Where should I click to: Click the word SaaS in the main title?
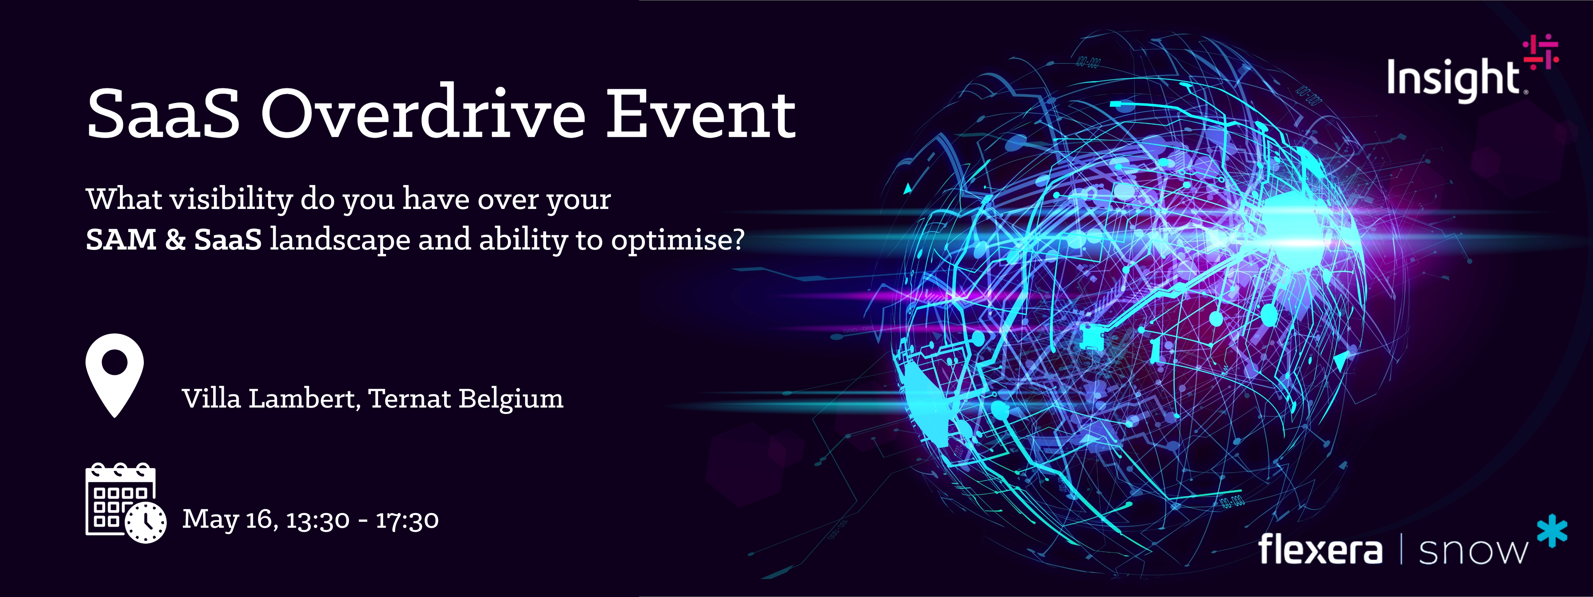(163, 114)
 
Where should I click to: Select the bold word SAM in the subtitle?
(121, 239)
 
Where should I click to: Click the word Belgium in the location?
(511, 399)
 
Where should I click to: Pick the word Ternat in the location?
(410, 399)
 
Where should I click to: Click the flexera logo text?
(1320, 549)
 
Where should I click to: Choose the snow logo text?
(1472, 552)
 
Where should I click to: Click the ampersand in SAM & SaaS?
(175, 239)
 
